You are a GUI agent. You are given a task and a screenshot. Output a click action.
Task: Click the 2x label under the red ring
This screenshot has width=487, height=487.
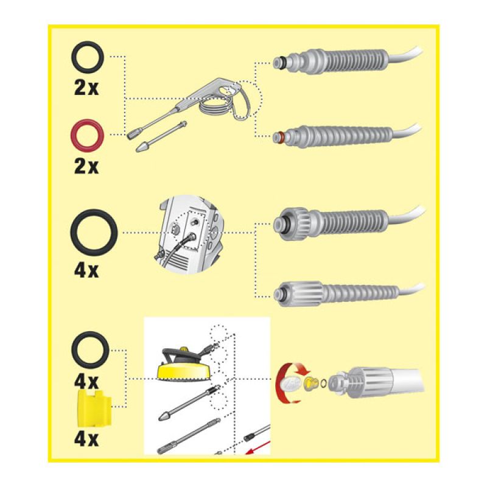click(86, 167)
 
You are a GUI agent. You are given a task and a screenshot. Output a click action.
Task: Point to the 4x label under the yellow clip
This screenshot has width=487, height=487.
click(86, 439)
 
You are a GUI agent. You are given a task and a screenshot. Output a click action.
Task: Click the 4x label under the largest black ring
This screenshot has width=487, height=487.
click(86, 270)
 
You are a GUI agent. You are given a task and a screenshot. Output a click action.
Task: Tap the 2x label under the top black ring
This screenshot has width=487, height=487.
click(86, 88)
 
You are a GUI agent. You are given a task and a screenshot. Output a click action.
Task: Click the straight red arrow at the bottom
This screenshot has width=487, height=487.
click(257, 447)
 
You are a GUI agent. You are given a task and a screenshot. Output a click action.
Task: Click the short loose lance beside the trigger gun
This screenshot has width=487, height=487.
click(161, 136)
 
